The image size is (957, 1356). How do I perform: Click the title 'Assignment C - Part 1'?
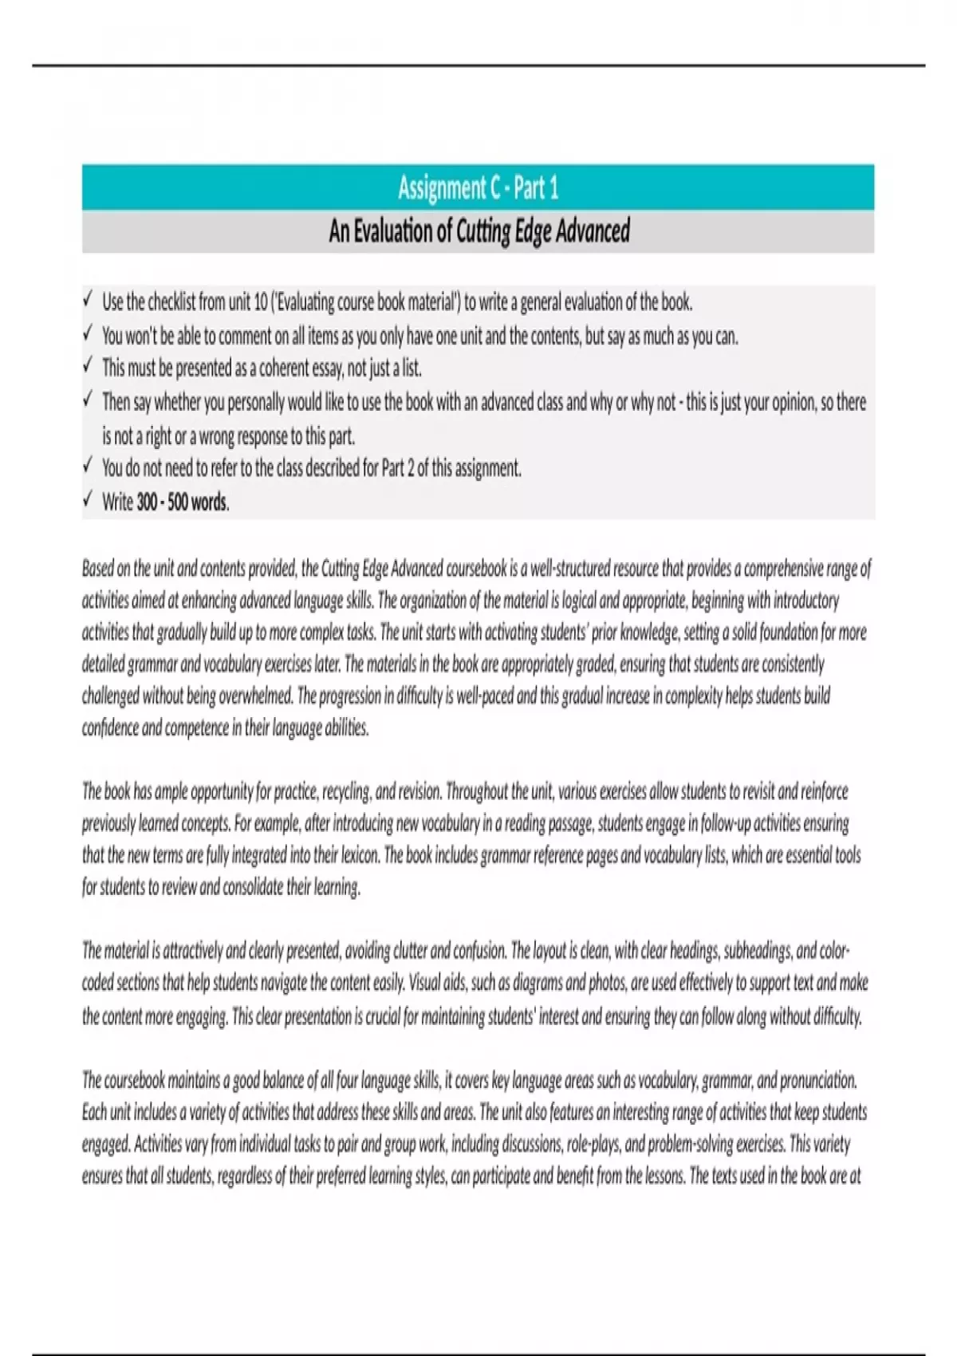click(478, 188)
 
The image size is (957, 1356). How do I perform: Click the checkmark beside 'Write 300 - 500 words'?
click(87, 500)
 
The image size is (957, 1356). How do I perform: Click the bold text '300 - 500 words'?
click(183, 503)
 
